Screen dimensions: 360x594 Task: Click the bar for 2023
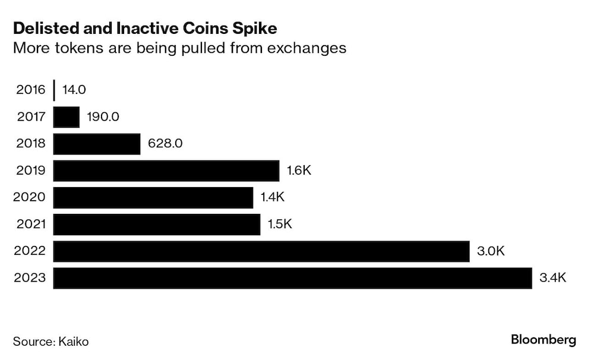tap(292, 277)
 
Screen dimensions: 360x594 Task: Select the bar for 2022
tap(261, 251)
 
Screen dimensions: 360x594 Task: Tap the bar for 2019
tap(166, 170)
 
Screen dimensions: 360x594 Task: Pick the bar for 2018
tap(97, 144)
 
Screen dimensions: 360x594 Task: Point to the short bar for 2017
tap(67, 117)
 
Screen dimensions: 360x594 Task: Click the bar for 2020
tap(153, 197)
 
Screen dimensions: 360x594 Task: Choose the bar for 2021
tap(157, 224)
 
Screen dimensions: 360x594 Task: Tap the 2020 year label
tap(29, 197)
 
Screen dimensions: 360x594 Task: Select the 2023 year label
tap(29, 277)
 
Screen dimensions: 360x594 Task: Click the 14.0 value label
tap(74, 90)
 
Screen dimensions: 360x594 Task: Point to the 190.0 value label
tap(103, 117)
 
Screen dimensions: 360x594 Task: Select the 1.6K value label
tap(299, 170)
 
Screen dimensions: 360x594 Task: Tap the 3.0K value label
tap(491, 251)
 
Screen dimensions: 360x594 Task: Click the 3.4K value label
tap(553, 277)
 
